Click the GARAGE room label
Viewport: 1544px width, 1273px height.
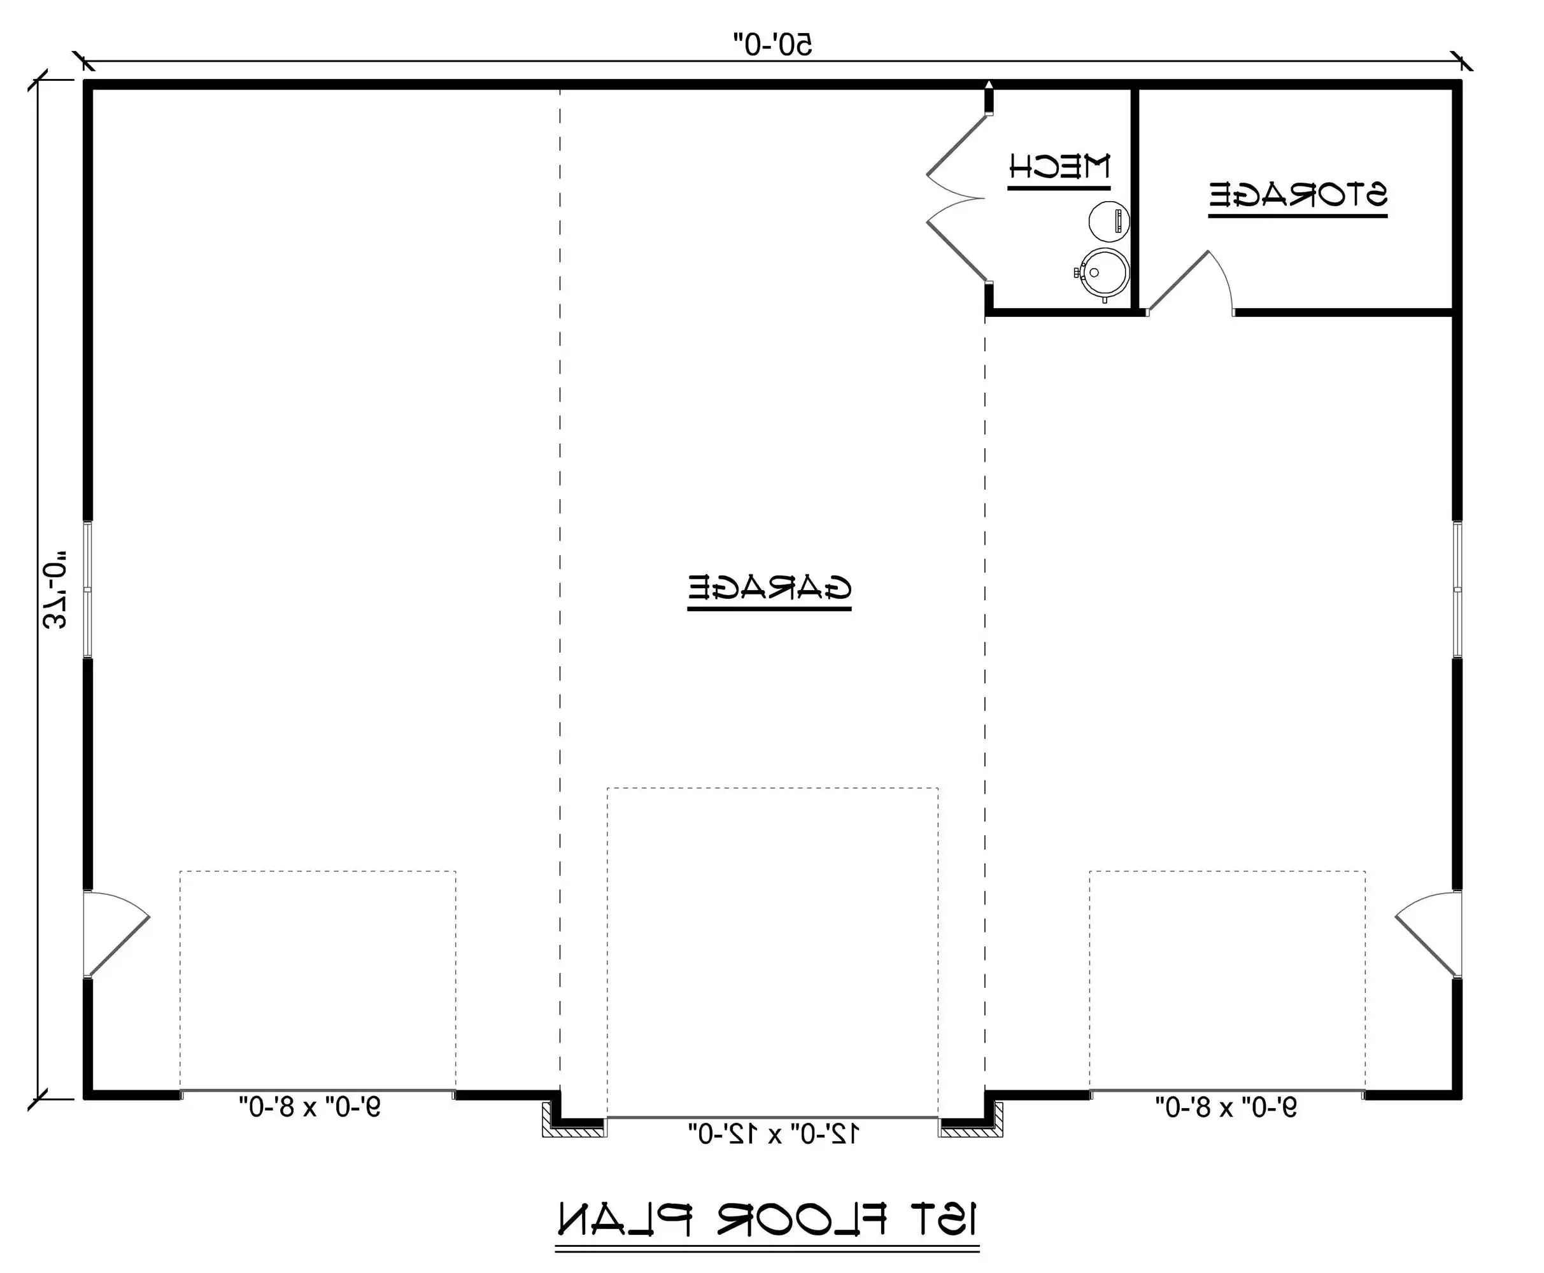click(769, 587)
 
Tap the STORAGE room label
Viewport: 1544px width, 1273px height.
click(1298, 194)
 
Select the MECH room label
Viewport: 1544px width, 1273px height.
click(1059, 167)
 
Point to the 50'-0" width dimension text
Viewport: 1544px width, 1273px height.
click(773, 44)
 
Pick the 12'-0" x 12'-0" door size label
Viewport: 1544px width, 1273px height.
click(773, 1134)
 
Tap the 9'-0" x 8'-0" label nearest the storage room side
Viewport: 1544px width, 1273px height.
click(1226, 1106)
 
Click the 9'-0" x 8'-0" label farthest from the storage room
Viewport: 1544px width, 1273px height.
click(309, 1106)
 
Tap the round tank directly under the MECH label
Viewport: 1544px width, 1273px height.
click(1108, 220)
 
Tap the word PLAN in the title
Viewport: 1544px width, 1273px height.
click(624, 1219)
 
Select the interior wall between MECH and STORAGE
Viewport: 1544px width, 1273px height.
click(1134, 198)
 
